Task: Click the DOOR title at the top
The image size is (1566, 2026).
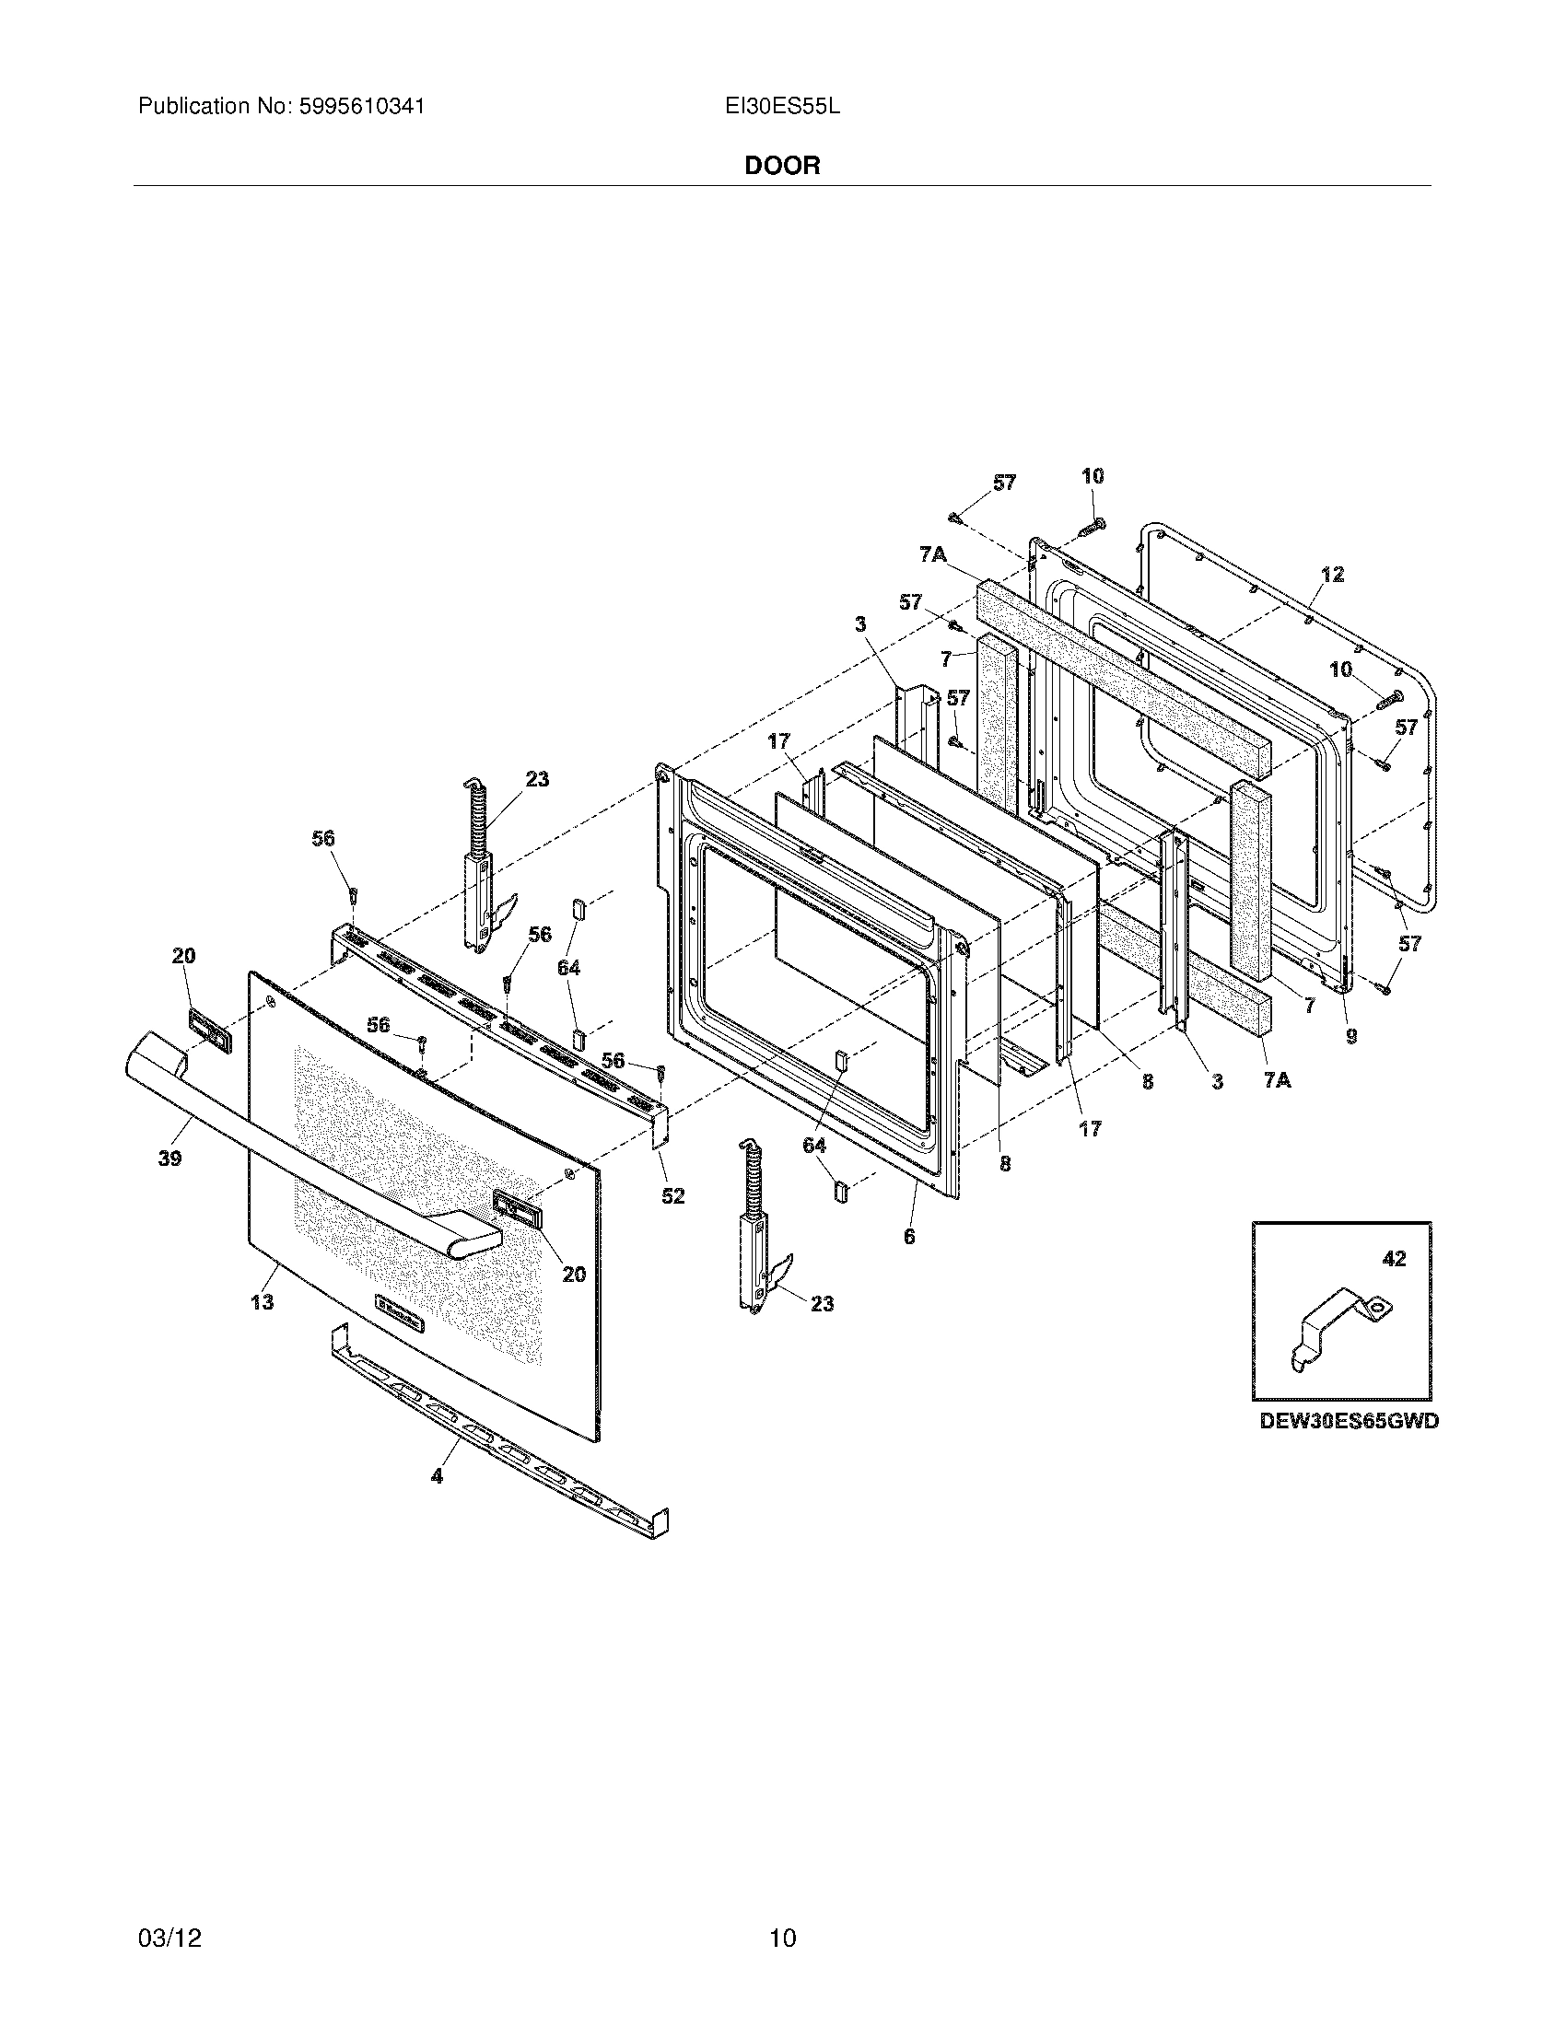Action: click(782, 166)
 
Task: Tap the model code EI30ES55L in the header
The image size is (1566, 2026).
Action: click(782, 107)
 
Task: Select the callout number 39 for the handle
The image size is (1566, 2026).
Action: click(169, 1158)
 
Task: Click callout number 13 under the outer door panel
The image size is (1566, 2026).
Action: click(263, 1301)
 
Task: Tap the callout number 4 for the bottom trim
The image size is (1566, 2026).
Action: click(436, 1475)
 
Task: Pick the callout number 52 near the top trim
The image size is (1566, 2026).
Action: click(672, 1195)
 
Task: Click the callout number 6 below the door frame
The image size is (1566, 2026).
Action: click(909, 1236)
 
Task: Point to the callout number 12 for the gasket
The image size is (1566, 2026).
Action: click(1332, 576)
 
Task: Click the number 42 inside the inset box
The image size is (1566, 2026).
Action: click(1394, 1259)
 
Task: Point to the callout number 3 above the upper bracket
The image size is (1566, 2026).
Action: click(860, 624)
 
